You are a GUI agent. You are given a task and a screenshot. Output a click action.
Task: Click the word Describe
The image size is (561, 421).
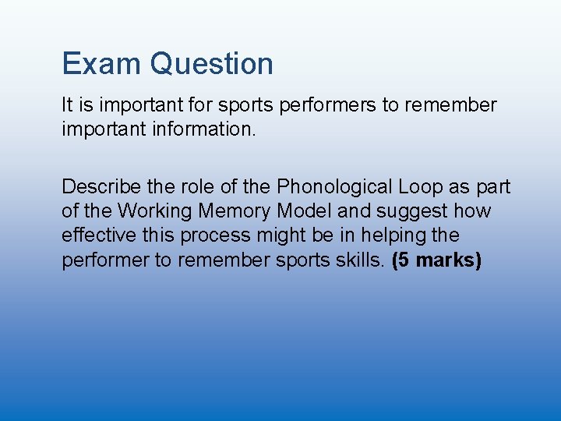click(x=98, y=187)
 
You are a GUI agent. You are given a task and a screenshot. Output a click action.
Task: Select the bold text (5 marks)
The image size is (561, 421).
click(x=437, y=260)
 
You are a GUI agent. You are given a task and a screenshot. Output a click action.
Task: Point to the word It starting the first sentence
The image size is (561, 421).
click(x=67, y=104)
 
